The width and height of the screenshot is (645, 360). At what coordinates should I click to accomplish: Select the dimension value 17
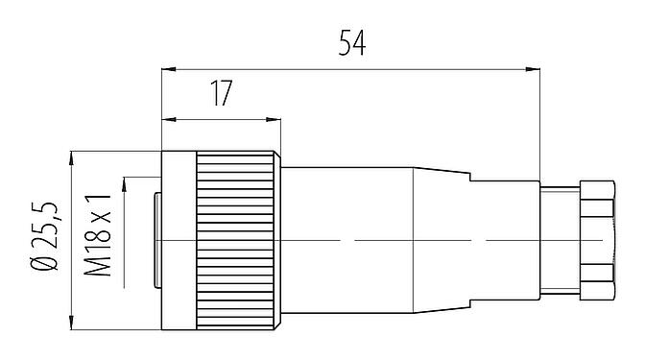(x=221, y=94)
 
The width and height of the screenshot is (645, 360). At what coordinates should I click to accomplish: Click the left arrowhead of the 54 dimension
(x=167, y=69)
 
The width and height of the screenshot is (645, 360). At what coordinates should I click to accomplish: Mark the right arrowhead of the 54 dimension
(x=535, y=69)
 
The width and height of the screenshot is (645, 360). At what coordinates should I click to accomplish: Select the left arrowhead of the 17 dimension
(x=167, y=120)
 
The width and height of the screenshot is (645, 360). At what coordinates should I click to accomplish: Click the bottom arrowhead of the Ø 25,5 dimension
(x=73, y=322)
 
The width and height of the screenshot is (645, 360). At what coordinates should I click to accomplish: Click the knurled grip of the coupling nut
(x=235, y=239)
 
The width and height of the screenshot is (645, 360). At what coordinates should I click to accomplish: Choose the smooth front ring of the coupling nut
(x=178, y=239)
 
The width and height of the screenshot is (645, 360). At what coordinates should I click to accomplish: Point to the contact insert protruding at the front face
(x=157, y=239)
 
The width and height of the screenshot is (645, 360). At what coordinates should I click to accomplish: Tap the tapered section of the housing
(x=442, y=239)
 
